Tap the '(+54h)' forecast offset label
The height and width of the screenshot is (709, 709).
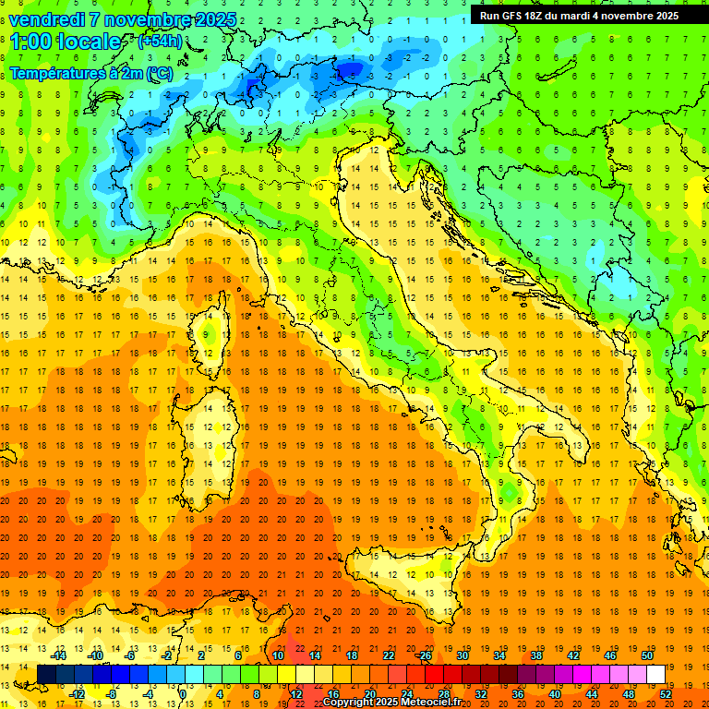159,42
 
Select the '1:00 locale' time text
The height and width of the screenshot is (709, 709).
66,42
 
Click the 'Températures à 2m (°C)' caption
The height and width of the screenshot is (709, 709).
90,72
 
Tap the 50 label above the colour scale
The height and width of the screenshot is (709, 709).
646,655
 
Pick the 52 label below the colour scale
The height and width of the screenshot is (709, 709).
667,693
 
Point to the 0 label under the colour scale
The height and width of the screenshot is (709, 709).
183,693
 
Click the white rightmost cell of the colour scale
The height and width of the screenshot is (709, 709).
655,674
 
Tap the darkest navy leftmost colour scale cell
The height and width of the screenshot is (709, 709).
46,674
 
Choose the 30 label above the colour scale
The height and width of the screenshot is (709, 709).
462,655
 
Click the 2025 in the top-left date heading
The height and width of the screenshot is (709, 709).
214,18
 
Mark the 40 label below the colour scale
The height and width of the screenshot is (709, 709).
556,693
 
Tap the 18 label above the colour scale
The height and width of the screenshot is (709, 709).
351,655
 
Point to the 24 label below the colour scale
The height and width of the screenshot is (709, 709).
406,693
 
